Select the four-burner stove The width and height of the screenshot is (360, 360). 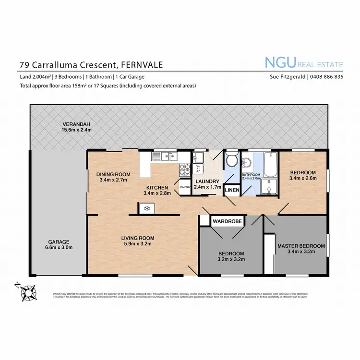coord(185,169)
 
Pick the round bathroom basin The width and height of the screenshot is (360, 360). coord(248,161)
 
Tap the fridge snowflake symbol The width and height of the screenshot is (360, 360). coord(145,208)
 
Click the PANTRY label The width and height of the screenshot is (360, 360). coord(185,188)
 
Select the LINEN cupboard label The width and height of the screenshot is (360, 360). coord(232,191)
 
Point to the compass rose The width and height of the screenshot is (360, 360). coord(29,291)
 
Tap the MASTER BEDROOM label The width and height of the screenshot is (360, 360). coord(301,246)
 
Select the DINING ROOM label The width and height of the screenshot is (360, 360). coord(113,174)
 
